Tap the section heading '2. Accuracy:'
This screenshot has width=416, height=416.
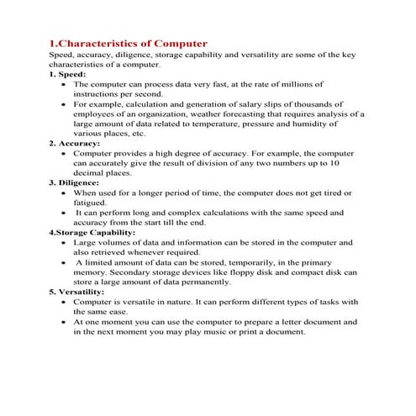pyautogui.click(x=75, y=144)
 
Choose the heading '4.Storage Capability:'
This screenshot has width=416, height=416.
pyautogui.click(x=92, y=231)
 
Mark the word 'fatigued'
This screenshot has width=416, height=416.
pyautogui.click(x=90, y=203)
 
